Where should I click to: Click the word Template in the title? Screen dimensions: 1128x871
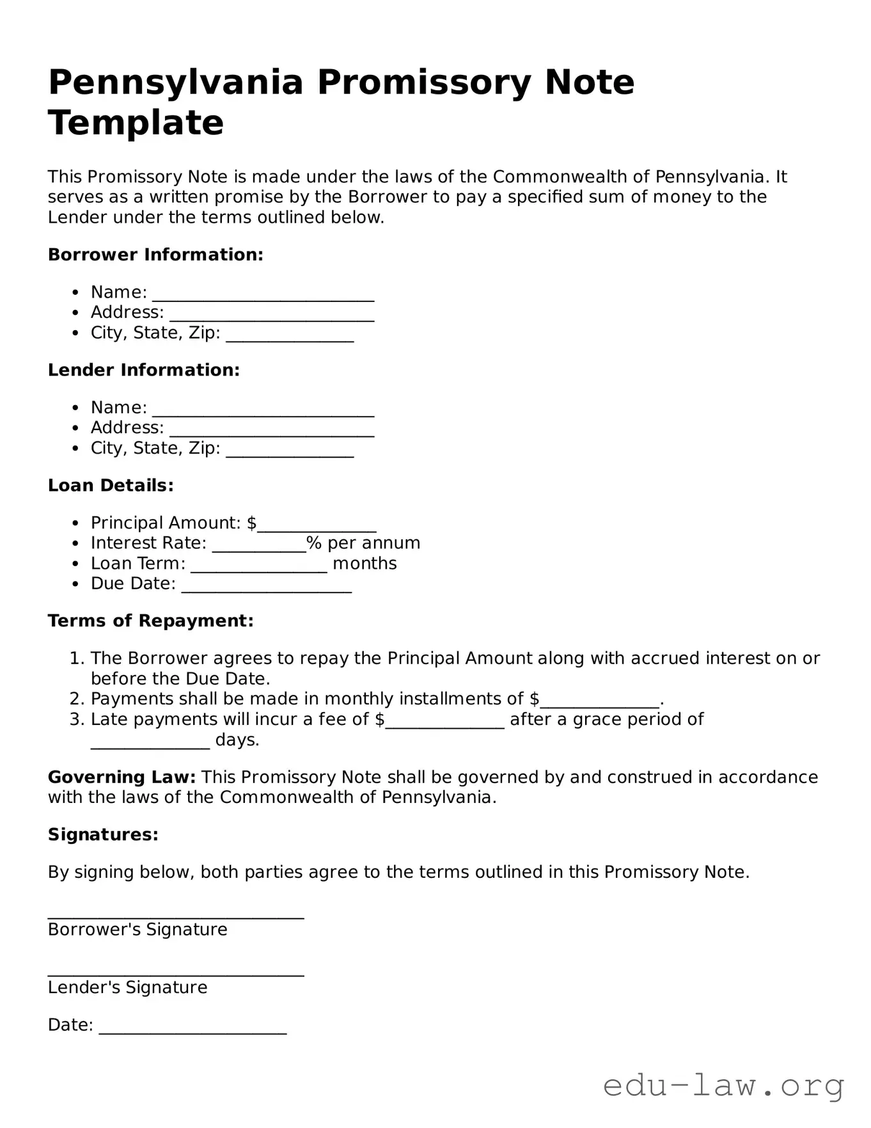pyautogui.click(x=136, y=123)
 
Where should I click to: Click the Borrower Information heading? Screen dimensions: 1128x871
pyautogui.click(x=155, y=255)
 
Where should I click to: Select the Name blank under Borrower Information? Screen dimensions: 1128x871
pyautogui.click(x=263, y=296)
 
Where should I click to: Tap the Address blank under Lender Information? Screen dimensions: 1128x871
pyautogui.click(x=271, y=431)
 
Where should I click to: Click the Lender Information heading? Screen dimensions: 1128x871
pyautogui.click(x=143, y=370)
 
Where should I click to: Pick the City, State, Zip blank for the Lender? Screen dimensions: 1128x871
pyautogui.click(x=290, y=452)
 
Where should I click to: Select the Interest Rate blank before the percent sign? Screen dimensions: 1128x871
pyautogui.click(x=259, y=547)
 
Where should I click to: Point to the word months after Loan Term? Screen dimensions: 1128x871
pyautogui.click(x=365, y=564)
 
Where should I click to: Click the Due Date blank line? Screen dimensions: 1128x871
pyautogui.click(x=266, y=587)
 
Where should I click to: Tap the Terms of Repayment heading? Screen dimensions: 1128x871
pyautogui.click(x=150, y=621)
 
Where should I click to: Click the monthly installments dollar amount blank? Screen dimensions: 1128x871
pyautogui.click(x=599, y=703)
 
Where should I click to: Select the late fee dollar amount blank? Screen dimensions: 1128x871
pyautogui.click(x=444, y=723)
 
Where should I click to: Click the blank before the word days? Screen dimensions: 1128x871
pyautogui.click(x=150, y=743)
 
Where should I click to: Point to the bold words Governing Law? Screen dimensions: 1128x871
pyautogui.click(x=122, y=777)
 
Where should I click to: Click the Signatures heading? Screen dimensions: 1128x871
pyautogui.click(x=102, y=834)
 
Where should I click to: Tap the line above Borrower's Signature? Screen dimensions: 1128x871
pyautogui.click(x=175, y=915)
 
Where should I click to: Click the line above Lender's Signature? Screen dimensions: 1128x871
pyautogui.click(x=175, y=973)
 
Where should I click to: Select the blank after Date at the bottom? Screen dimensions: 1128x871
pyautogui.click(x=192, y=1029)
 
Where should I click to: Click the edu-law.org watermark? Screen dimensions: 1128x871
pyautogui.click(x=723, y=1086)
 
